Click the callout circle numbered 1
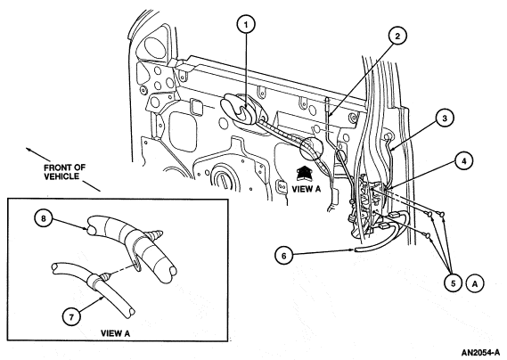(x=247, y=24)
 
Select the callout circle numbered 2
(x=397, y=37)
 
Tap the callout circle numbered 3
(x=445, y=119)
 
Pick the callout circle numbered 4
(x=463, y=161)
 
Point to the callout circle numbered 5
(x=453, y=283)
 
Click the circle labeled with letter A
(x=475, y=283)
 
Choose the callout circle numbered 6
(x=284, y=256)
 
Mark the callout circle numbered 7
(x=71, y=316)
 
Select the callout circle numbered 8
(x=44, y=218)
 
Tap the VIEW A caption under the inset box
(x=116, y=333)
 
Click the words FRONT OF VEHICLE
(x=64, y=172)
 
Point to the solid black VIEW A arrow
(x=304, y=173)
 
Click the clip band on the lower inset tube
(x=93, y=279)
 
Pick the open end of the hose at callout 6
(x=356, y=250)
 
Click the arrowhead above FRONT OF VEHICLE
(x=29, y=150)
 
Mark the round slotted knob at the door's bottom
(x=223, y=178)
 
